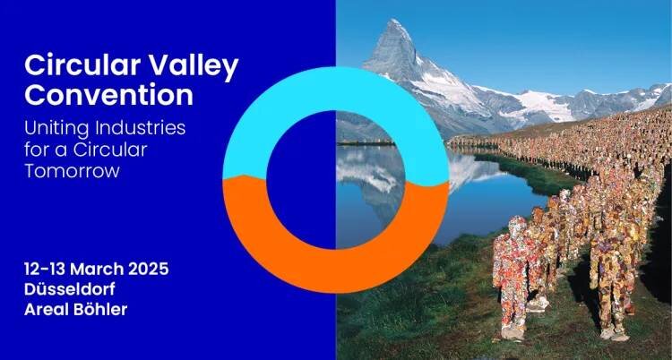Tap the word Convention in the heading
click(108, 95)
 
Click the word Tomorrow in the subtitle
click(72, 171)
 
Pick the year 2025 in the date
click(148, 270)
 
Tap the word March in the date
click(98, 270)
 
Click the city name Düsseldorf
click(70, 289)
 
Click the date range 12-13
click(45, 270)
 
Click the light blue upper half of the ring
click(336, 89)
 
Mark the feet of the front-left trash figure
click(513, 332)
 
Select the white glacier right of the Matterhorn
click(540, 105)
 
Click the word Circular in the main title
click(82, 65)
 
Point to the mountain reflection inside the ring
click(369, 171)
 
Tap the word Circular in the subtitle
click(109, 150)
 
